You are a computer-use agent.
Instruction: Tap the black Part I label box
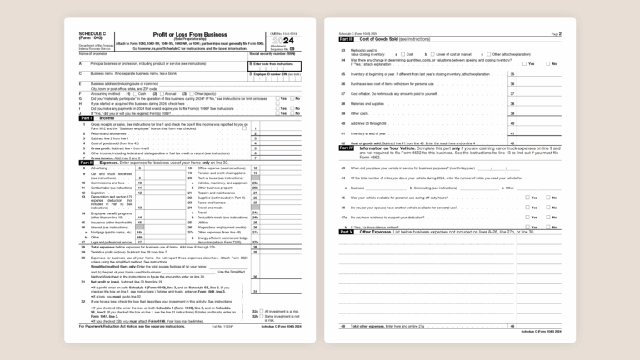pyautogui.click(x=86, y=118)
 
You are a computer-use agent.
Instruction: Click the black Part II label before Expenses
pyautogui.click(x=86, y=162)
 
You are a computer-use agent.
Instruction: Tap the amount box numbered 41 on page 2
pyautogui.click(x=533, y=132)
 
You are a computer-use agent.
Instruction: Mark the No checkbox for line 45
pyautogui.click(x=547, y=197)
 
